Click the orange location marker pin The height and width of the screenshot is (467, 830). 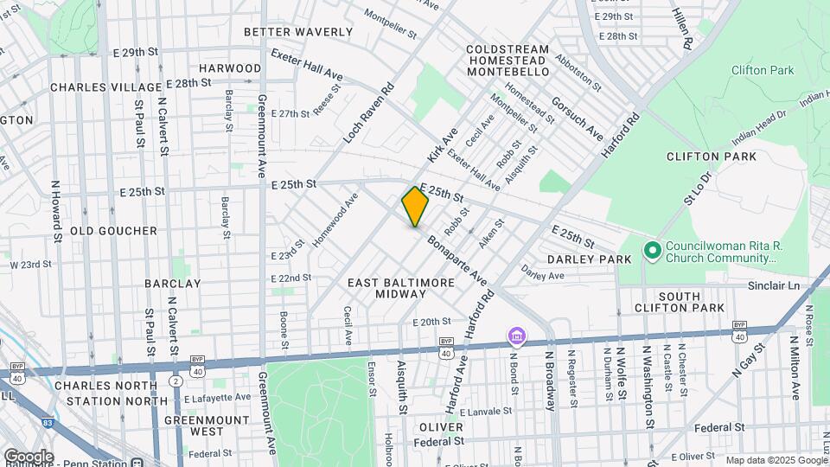[x=415, y=207]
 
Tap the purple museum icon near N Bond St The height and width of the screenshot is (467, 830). [x=517, y=335]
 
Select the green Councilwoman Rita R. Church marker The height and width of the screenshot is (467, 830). [x=652, y=252]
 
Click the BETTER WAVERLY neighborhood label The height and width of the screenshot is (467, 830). [x=298, y=32]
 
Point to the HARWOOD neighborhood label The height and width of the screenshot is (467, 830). [x=230, y=67]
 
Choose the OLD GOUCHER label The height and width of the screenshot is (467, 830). [x=113, y=231]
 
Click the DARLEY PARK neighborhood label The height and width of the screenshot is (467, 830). [x=583, y=259]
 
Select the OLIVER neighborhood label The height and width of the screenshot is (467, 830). [x=442, y=427]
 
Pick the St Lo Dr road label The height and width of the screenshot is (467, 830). [x=697, y=188]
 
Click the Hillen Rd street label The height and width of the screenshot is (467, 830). [x=682, y=29]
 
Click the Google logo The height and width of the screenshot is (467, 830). [x=28, y=457]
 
